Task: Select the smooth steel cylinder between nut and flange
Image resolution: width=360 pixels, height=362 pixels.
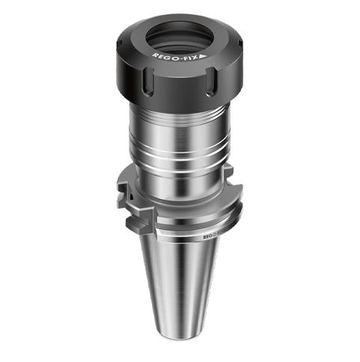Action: click(179, 172)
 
